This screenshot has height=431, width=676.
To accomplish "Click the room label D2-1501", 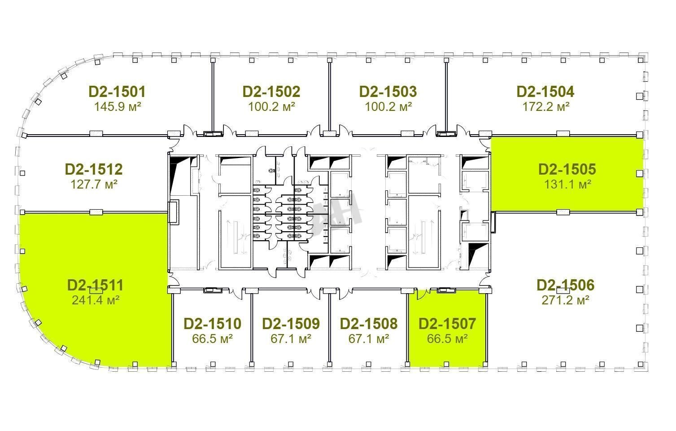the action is (117, 92).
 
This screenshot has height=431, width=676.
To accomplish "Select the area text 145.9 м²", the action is (118, 106).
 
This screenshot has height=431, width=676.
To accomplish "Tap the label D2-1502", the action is (271, 92).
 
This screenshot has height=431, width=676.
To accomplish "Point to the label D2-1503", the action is (388, 92).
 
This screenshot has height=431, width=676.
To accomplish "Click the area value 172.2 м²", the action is (546, 106).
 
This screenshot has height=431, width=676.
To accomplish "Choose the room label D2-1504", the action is (545, 92).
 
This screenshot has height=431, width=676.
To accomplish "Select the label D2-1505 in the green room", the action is (567, 169).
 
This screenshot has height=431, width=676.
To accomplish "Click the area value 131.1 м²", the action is (567, 184).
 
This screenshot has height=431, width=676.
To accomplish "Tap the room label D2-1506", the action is (566, 285).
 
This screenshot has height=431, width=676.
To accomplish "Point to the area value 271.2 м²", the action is (566, 300).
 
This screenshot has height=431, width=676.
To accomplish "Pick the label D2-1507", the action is (447, 324).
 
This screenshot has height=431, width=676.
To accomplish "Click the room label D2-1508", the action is (369, 324).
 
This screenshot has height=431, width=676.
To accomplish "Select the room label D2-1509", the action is (291, 324).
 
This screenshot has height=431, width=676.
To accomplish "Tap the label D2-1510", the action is (213, 324).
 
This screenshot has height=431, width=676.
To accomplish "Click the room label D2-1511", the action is (96, 285).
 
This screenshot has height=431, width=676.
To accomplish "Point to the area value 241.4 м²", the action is (96, 300).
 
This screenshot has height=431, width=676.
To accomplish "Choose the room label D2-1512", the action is (94, 169).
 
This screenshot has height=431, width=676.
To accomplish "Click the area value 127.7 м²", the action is (94, 184).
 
